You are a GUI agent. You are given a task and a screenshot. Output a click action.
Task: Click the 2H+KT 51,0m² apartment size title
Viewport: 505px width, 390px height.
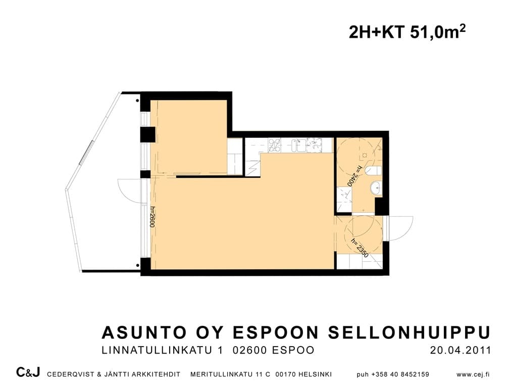click(407, 32)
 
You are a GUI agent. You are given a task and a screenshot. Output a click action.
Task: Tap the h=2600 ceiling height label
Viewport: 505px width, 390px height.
click(153, 217)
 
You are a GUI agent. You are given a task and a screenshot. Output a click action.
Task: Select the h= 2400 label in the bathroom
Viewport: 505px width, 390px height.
click(355, 176)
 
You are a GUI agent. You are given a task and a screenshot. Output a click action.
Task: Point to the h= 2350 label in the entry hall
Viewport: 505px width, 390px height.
click(360, 248)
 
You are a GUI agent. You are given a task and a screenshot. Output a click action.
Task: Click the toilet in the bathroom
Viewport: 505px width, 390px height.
click(374, 170)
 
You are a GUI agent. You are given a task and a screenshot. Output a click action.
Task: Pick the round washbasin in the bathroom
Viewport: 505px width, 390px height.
click(376, 187)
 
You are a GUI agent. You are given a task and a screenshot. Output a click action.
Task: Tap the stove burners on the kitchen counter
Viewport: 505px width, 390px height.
click(274, 144)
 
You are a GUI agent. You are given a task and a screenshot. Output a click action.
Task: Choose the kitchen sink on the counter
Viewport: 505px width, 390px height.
click(298, 145)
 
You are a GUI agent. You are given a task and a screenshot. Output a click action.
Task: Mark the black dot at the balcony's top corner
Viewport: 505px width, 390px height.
click(138, 101)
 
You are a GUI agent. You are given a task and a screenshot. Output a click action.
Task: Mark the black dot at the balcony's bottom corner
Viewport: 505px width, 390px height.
click(138, 266)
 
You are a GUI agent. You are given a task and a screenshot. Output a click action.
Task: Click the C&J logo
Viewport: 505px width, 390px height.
click(28, 372)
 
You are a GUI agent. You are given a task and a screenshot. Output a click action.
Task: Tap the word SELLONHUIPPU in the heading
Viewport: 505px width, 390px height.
click(410, 332)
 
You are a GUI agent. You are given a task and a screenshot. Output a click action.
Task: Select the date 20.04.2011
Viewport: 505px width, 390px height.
click(460, 350)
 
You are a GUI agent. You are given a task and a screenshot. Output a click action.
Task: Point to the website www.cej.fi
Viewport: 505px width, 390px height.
click(473, 374)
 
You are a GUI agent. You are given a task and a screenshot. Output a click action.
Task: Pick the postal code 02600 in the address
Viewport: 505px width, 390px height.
click(250, 350)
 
